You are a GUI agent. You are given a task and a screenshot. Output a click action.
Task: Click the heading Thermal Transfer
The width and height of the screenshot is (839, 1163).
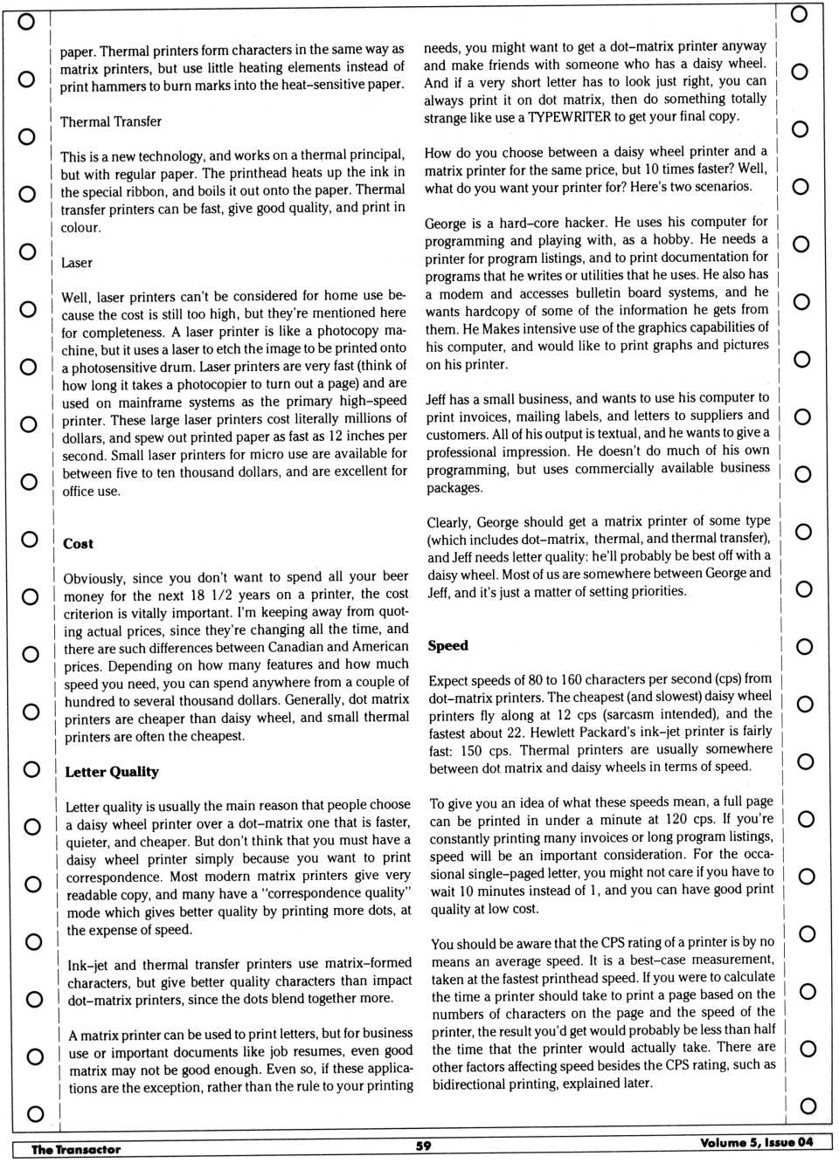pos(111,121)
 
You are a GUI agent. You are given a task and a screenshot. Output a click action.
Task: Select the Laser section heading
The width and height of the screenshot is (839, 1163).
pos(77,263)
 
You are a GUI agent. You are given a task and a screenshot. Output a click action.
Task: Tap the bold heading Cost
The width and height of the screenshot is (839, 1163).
pos(78,544)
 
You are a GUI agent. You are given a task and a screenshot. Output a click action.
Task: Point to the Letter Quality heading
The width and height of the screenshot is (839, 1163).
pos(112,772)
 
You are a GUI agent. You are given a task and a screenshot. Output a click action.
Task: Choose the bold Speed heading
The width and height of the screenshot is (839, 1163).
pos(448,646)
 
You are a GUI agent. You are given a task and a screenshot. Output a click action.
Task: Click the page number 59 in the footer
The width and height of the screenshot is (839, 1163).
pos(424,1146)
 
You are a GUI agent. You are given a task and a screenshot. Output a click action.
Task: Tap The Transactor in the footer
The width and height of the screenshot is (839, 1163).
pos(76,1149)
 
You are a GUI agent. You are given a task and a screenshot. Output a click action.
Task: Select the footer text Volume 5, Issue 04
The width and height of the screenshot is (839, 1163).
pos(756,1142)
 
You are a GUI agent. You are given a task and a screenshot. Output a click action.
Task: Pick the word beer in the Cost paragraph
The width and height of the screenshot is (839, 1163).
pos(395,576)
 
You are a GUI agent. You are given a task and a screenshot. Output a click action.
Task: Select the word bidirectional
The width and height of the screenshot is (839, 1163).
pos(473,1084)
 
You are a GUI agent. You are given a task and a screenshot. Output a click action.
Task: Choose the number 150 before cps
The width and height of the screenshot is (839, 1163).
pos(472,750)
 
